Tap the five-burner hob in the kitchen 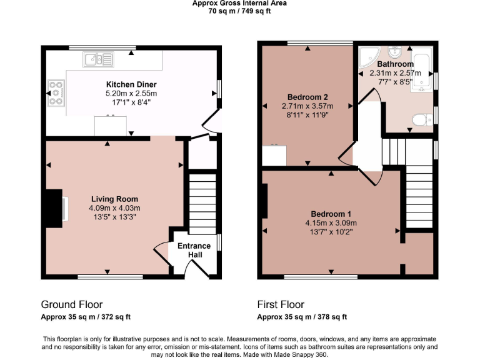pyautogui.click(x=56, y=92)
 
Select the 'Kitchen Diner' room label pyautogui.click(x=131, y=84)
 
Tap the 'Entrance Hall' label pyautogui.click(x=194, y=250)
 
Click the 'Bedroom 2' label pyautogui.click(x=307, y=97)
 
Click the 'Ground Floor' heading pyautogui.click(x=72, y=305)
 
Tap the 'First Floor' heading pyautogui.click(x=281, y=305)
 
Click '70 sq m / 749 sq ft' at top pyautogui.click(x=239, y=11)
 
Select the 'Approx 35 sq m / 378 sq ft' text pyautogui.click(x=302, y=317)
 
